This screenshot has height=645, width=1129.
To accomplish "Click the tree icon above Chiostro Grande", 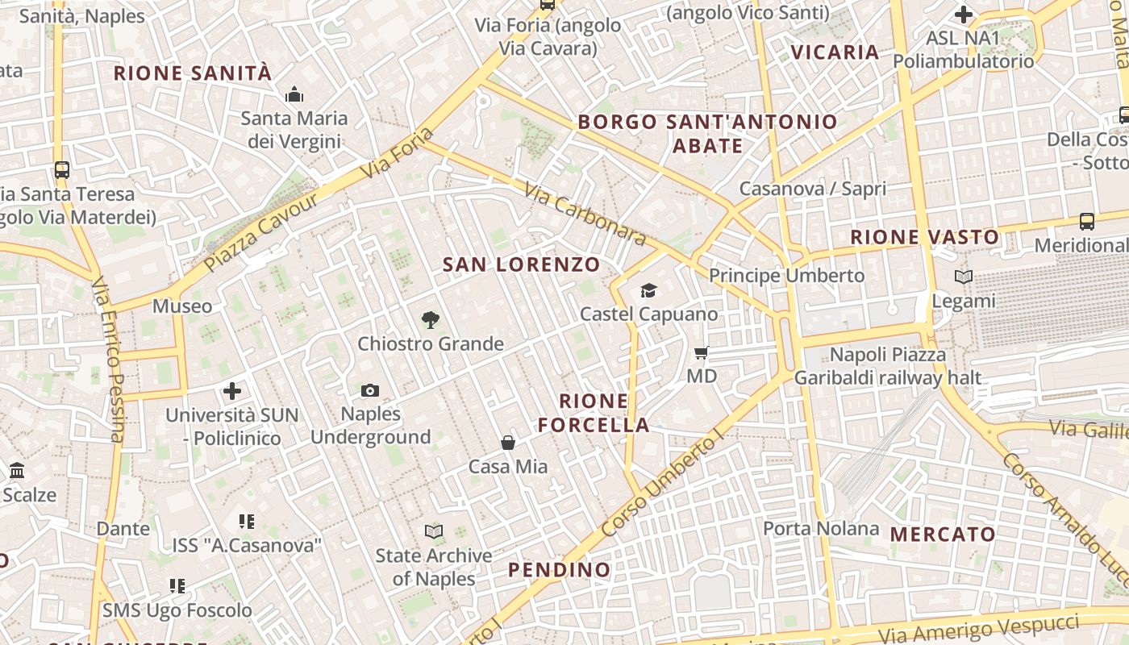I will pyautogui.click(x=431, y=320).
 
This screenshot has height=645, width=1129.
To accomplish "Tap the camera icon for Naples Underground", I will pyautogui.click(x=370, y=390).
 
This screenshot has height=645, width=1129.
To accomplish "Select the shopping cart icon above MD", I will pyautogui.click(x=702, y=352).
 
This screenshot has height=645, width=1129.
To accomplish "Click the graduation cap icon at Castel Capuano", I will pyautogui.click(x=648, y=290).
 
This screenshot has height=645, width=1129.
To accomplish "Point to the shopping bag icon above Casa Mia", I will pyautogui.click(x=508, y=442).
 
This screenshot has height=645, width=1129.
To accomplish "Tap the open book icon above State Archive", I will pyautogui.click(x=434, y=531).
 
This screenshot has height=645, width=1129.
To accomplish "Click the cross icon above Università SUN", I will pyautogui.click(x=232, y=392).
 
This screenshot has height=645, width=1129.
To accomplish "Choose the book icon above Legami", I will pyautogui.click(x=963, y=277).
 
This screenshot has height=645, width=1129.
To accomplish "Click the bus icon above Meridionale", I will pyautogui.click(x=1087, y=221).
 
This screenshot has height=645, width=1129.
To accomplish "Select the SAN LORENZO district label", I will pyautogui.click(x=522, y=264).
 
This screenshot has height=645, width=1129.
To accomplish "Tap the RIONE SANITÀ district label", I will pyautogui.click(x=193, y=73).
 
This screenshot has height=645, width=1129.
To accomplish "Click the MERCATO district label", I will pyautogui.click(x=943, y=534).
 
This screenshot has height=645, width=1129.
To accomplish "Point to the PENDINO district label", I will pyautogui.click(x=559, y=570).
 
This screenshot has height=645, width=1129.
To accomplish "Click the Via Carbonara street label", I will pyautogui.click(x=585, y=214).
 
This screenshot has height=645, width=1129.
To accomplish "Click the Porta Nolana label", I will pyautogui.click(x=821, y=529).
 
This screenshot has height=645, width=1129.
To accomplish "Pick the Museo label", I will pyautogui.click(x=182, y=306).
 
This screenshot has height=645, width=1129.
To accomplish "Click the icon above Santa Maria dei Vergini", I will pyautogui.click(x=294, y=95).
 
